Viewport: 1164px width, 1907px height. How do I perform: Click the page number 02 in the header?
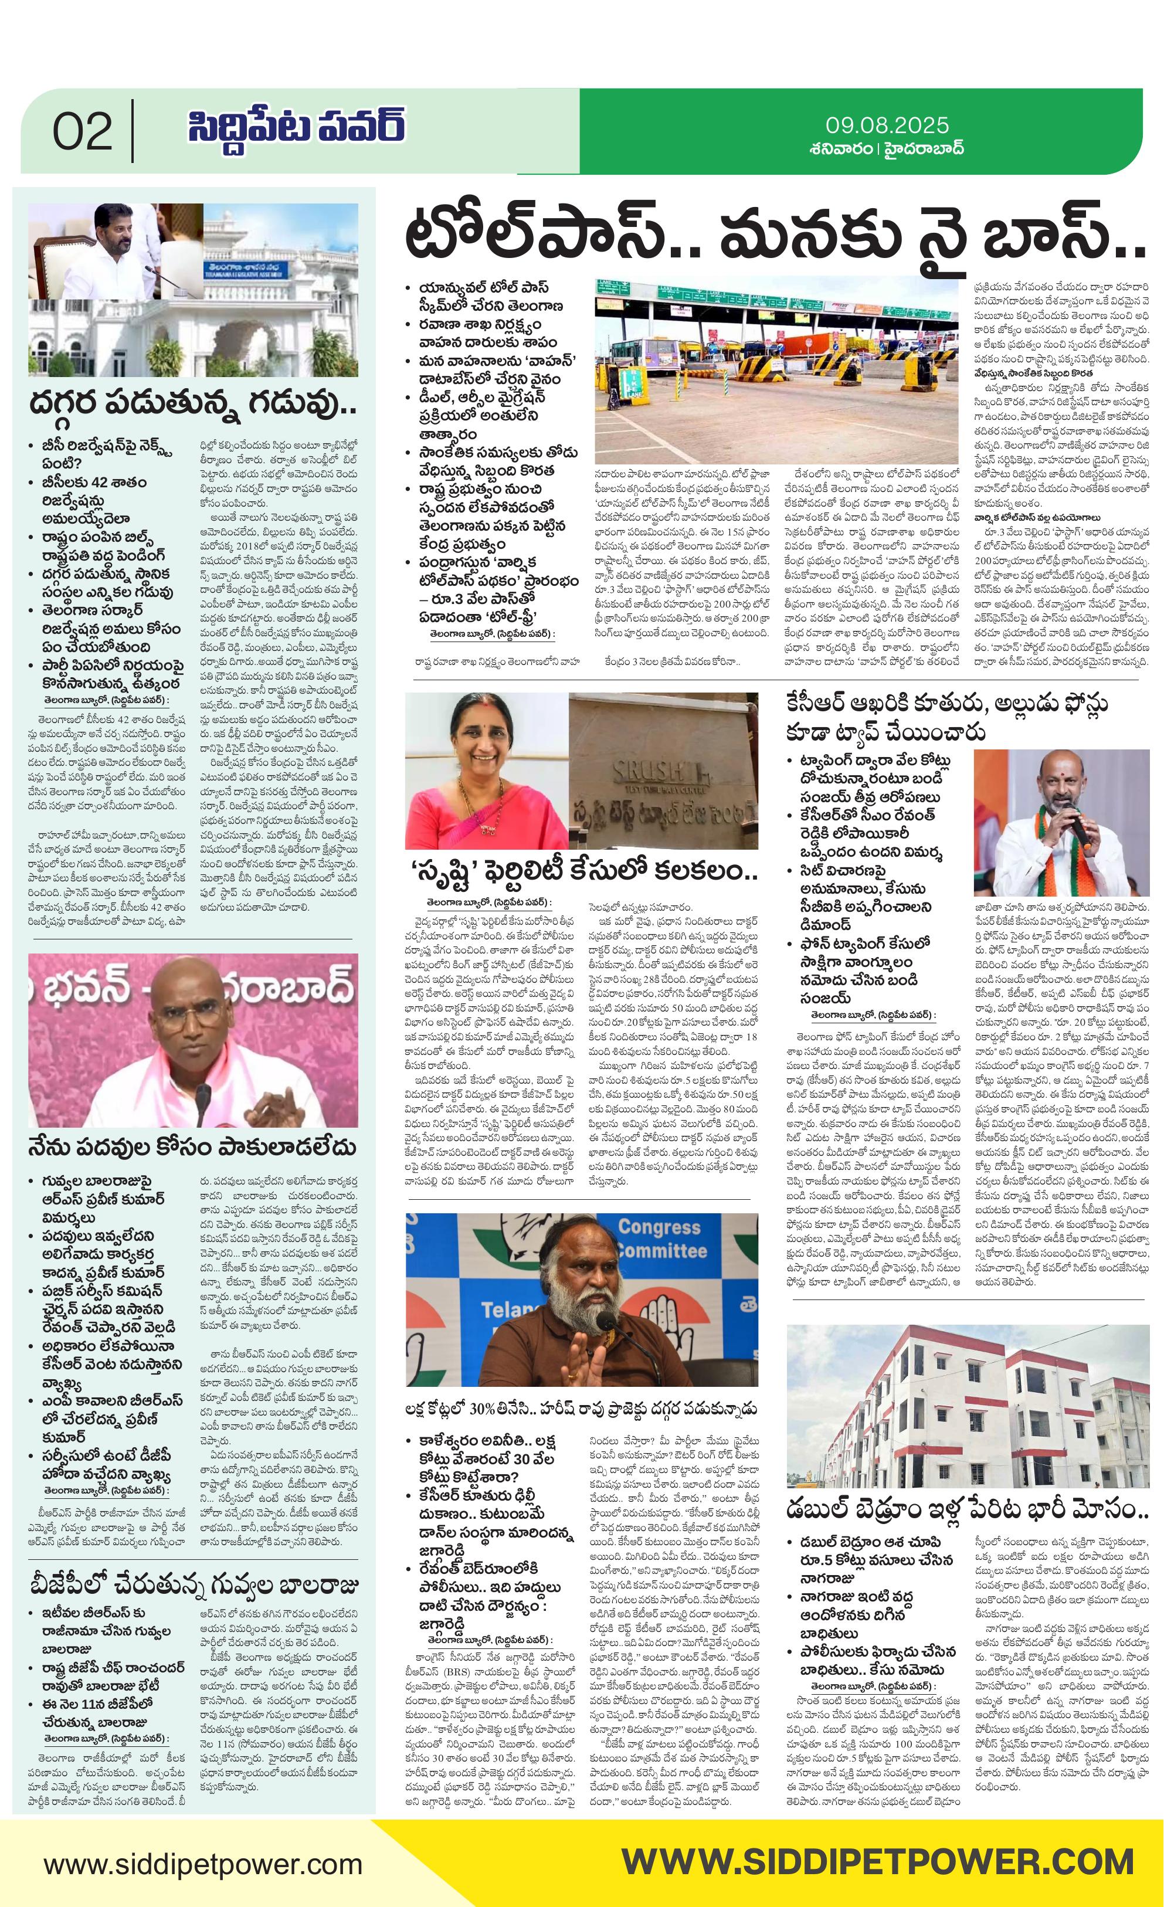click(x=82, y=131)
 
